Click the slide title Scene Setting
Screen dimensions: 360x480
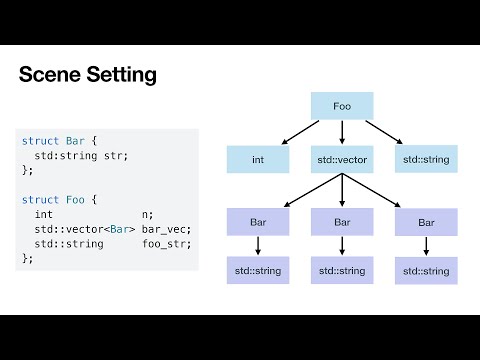click(88, 75)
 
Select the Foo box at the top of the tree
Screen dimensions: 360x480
click(341, 105)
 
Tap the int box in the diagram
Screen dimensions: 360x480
click(257, 158)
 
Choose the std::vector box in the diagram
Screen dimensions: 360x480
click(341, 158)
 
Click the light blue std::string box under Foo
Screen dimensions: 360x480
click(426, 158)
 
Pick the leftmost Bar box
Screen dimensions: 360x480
click(257, 221)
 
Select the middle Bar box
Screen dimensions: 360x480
click(341, 221)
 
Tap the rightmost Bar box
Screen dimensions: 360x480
click(426, 221)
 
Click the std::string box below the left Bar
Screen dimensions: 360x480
click(257, 270)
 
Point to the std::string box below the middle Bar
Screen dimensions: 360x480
click(341, 270)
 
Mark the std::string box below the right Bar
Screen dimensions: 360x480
click(426, 270)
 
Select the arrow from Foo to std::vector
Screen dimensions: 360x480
click(341, 132)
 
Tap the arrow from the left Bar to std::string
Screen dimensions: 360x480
click(257, 246)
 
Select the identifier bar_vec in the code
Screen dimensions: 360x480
click(165, 229)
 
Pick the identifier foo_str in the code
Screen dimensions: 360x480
click(165, 243)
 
